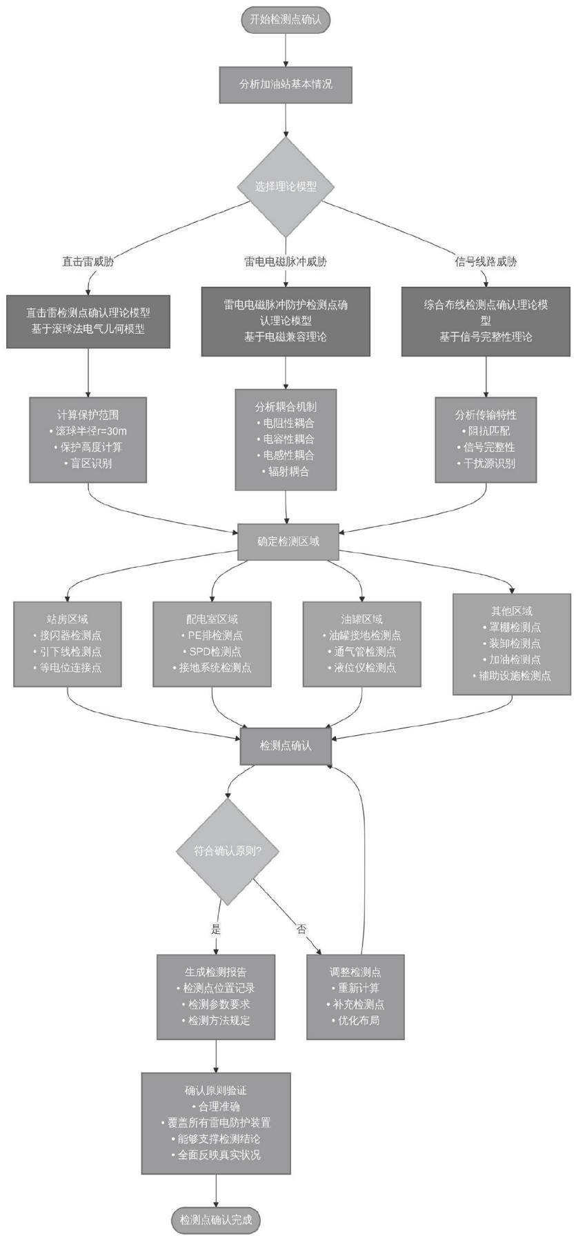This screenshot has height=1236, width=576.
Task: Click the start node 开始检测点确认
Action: tap(286, 19)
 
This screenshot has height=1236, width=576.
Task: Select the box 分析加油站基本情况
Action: tap(286, 84)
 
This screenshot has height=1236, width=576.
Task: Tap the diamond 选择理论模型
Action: tap(286, 186)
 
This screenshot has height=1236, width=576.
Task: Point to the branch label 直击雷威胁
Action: tap(88, 261)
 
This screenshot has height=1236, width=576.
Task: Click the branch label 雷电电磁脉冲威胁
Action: tap(286, 261)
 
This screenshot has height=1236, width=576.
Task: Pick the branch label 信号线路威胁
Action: tap(486, 261)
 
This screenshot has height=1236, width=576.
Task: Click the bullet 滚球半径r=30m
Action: tap(88, 431)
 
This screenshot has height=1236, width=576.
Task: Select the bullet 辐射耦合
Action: tap(286, 472)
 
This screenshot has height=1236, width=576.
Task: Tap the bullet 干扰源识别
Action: tap(486, 464)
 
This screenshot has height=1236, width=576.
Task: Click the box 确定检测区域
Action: tap(288, 541)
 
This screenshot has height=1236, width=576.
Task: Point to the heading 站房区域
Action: tap(68, 619)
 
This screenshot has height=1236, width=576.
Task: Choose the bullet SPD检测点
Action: tap(212, 651)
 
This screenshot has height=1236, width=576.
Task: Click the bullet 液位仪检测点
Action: tap(361, 667)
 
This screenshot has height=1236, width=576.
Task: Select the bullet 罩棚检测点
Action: tap(511, 627)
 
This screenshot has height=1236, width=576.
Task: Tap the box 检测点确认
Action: tap(286, 746)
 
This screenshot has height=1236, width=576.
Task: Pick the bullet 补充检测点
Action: tap(355, 1004)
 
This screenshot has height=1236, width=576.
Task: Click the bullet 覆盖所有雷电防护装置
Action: tap(215, 1123)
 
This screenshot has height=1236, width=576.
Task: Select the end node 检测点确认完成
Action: tap(216, 1219)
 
